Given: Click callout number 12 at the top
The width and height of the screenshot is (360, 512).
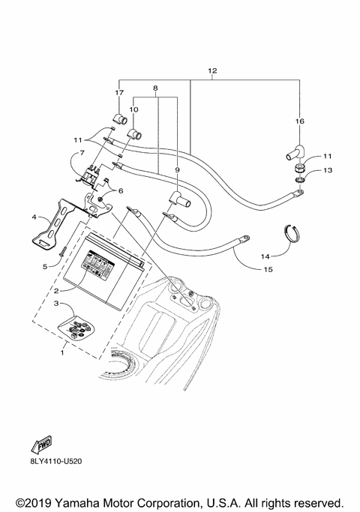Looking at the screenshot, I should [212, 70].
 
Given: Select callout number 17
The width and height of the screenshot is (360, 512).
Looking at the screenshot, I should [118, 93].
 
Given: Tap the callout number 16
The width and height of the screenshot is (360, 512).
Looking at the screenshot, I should [299, 121].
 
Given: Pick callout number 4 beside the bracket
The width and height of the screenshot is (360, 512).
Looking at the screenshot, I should [34, 217].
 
